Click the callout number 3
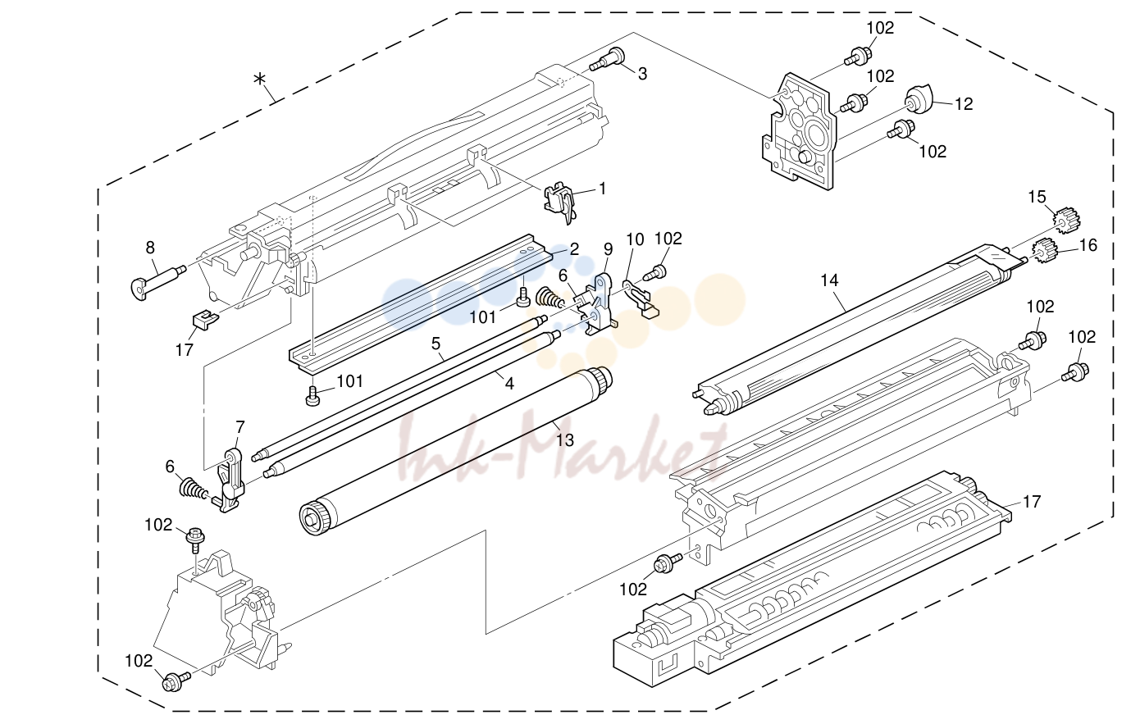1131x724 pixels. (x=642, y=75)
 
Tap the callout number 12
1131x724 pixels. (x=964, y=104)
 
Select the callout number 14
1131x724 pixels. (x=829, y=280)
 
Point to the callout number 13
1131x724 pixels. (x=565, y=440)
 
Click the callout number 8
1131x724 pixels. (x=150, y=248)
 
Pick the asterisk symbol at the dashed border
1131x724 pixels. (x=259, y=80)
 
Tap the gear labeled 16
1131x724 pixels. (x=1042, y=251)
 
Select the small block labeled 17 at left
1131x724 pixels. (x=204, y=319)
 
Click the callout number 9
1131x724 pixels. (x=608, y=249)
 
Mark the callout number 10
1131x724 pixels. (x=635, y=239)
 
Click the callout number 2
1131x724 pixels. (x=574, y=249)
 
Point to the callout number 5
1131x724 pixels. (x=436, y=344)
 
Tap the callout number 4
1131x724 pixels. (x=509, y=384)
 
